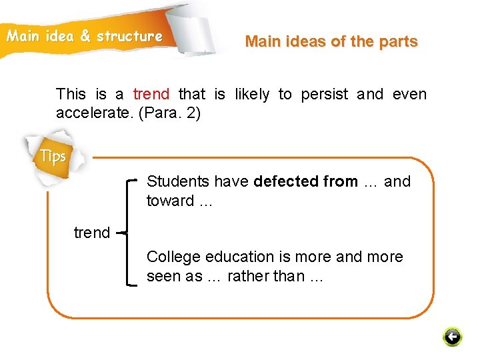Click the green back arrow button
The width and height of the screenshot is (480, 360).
click(452, 337)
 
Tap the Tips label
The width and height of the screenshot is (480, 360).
click(53, 157)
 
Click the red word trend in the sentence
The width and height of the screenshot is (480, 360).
click(151, 95)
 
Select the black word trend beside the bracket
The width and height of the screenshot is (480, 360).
click(92, 233)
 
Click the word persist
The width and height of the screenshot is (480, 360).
click(325, 95)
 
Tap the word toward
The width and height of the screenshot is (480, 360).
click(169, 201)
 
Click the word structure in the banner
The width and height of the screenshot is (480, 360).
click(129, 36)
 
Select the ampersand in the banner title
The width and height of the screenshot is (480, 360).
click(85, 36)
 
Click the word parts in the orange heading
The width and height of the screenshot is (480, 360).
click(398, 41)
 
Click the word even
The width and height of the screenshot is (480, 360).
click(409, 95)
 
